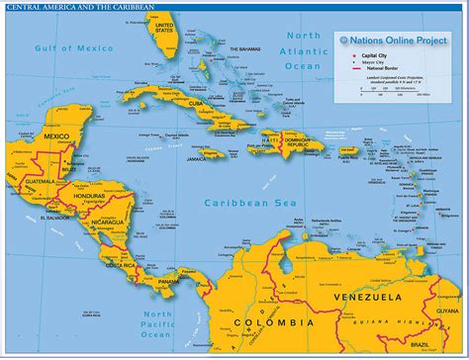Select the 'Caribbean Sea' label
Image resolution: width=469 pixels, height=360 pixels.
(238, 203)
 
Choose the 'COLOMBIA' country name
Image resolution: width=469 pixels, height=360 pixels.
(273, 322)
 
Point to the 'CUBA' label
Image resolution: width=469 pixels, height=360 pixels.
(196, 130)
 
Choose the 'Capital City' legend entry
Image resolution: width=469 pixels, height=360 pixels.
(375, 55)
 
